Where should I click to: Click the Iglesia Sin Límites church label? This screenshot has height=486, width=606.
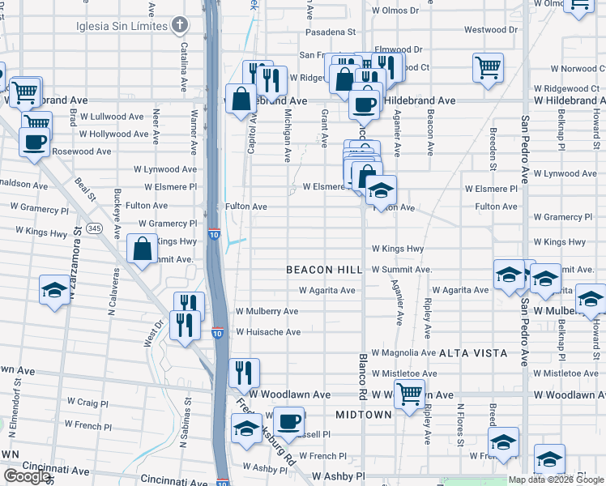(x=122, y=26)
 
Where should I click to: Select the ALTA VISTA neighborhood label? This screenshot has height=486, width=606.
(x=473, y=353)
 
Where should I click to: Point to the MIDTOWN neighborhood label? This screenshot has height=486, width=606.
(x=364, y=414)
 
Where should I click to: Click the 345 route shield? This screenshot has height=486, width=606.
(x=96, y=228)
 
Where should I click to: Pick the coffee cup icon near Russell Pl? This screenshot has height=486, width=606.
(x=289, y=421)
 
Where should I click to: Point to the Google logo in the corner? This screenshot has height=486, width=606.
(x=27, y=476)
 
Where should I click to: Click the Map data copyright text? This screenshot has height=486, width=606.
(x=557, y=480)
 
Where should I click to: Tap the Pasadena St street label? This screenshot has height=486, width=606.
(x=331, y=32)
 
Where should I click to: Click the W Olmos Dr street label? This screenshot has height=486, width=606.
(x=395, y=11)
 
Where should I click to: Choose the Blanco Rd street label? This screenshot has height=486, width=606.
(x=363, y=375)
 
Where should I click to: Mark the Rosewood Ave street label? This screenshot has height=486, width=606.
(x=82, y=151)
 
